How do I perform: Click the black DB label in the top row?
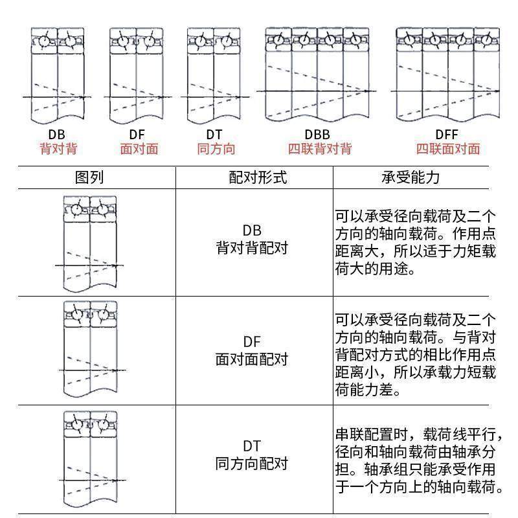pos(57,135)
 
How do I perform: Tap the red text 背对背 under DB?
pos(58,149)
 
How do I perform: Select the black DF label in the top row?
pos(137,135)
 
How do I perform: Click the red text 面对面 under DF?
pos(139,149)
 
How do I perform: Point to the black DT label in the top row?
pos(214,135)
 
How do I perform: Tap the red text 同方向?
pos(216,149)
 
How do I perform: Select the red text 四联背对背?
pos(319,149)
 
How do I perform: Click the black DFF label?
pos(447,135)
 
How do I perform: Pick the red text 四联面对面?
pos(447,149)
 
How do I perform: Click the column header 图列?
pos(89,177)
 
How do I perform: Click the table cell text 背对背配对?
pos(252,248)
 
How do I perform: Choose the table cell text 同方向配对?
pos(252,464)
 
